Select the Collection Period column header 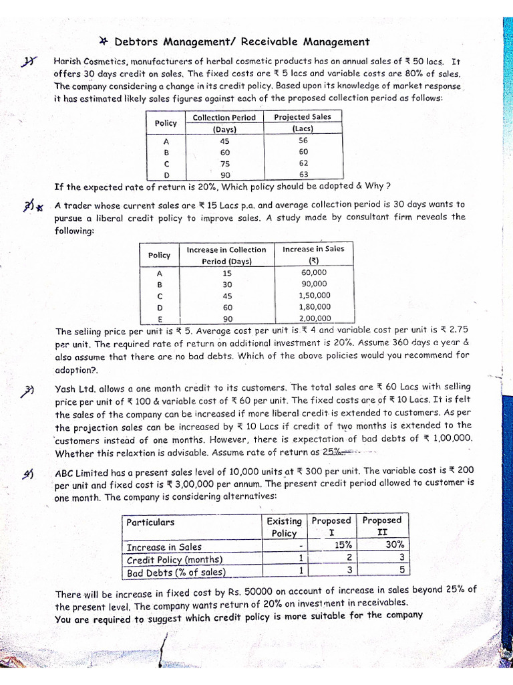click(x=224, y=122)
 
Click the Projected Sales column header click(x=302, y=122)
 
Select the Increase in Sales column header click(x=313, y=254)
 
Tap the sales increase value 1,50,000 click(x=313, y=295)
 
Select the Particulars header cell click(x=150, y=522)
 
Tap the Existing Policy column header click(x=284, y=526)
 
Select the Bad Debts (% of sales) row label click(x=176, y=572)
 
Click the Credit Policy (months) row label click(x=175, y=559)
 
